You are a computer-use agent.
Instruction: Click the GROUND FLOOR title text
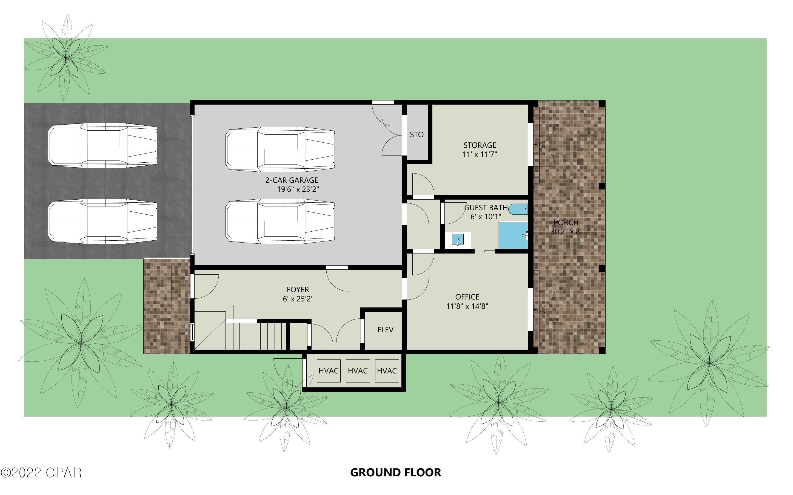click(x=395, y=472)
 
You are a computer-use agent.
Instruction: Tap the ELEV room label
click(x=385, y=330)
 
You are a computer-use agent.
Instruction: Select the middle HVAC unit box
click(x=358, y=371)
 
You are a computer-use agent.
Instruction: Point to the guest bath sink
click(x=458, y=239)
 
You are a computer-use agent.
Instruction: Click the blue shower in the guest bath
click(x=513, y=235)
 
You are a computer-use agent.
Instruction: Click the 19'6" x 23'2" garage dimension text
click(x=298, y=189)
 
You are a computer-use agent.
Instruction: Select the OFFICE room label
click(x=467, y=297)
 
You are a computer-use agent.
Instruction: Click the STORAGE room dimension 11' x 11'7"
click(x=480, y=154)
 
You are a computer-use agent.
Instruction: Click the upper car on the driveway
click(x=102, y=145)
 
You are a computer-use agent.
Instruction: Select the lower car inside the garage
click(x=280, y=223)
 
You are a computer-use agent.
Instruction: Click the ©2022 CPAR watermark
click(x=41, y=472)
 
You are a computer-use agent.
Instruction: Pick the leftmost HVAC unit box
click(x=328, y=371)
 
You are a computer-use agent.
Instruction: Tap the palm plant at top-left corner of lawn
click(x=65, y=57)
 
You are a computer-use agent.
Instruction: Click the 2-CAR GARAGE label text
click(x=292, y=180)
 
